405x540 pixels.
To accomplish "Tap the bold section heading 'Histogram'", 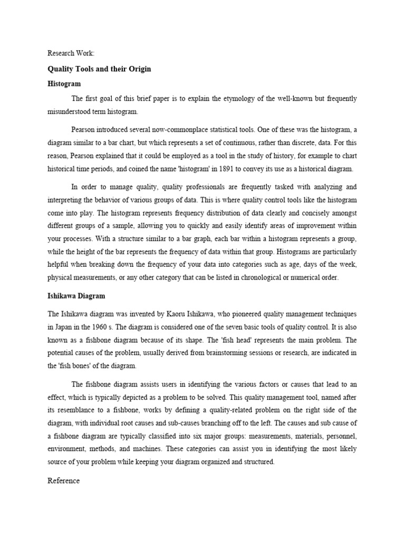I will click(x=64, y=84).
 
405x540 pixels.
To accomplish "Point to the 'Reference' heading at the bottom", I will click(x=63, y=480).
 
